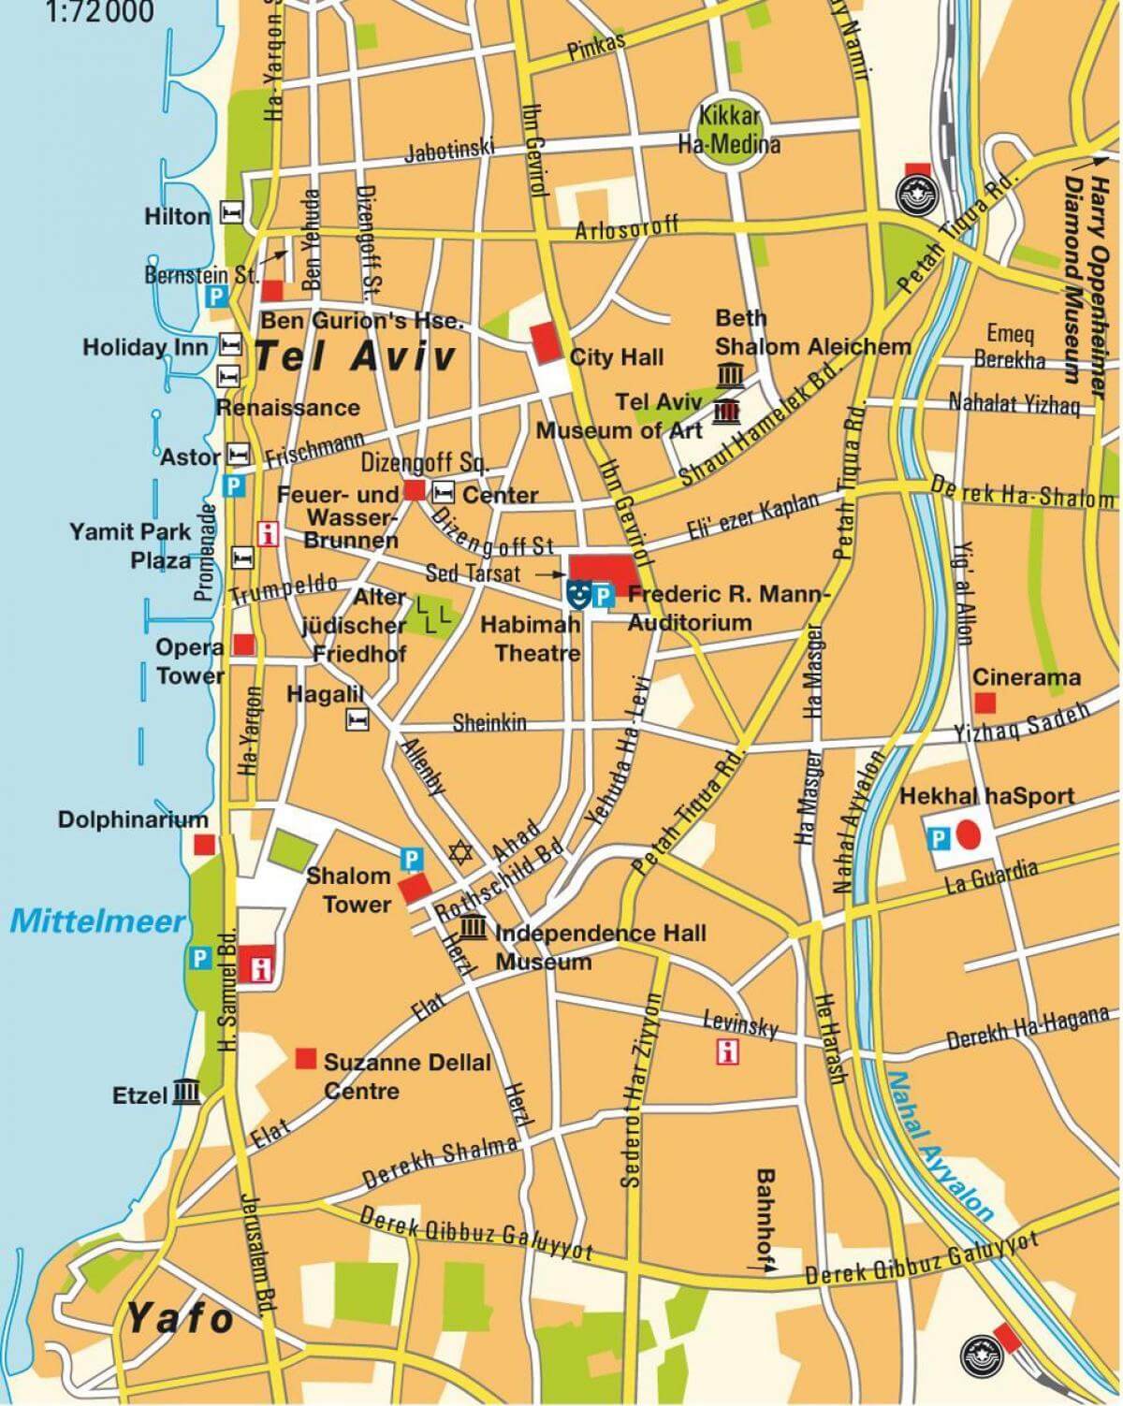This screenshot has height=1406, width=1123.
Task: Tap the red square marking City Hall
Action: click(543, 342)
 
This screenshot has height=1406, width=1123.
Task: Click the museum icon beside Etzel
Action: click(187, 1092)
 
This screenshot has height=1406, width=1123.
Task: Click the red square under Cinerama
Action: click(984, 702)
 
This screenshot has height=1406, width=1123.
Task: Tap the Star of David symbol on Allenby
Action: click(459, 852)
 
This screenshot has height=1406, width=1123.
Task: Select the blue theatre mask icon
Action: click(578, 592)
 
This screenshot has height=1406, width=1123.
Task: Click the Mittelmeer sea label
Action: click(98, 921)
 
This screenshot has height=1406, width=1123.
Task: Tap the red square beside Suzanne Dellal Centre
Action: click(305, 1058)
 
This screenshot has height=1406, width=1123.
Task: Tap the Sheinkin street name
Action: click(489, 723)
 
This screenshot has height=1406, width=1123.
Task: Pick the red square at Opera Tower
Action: click(244, 645)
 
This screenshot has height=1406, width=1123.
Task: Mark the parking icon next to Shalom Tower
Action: click(410, 856)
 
